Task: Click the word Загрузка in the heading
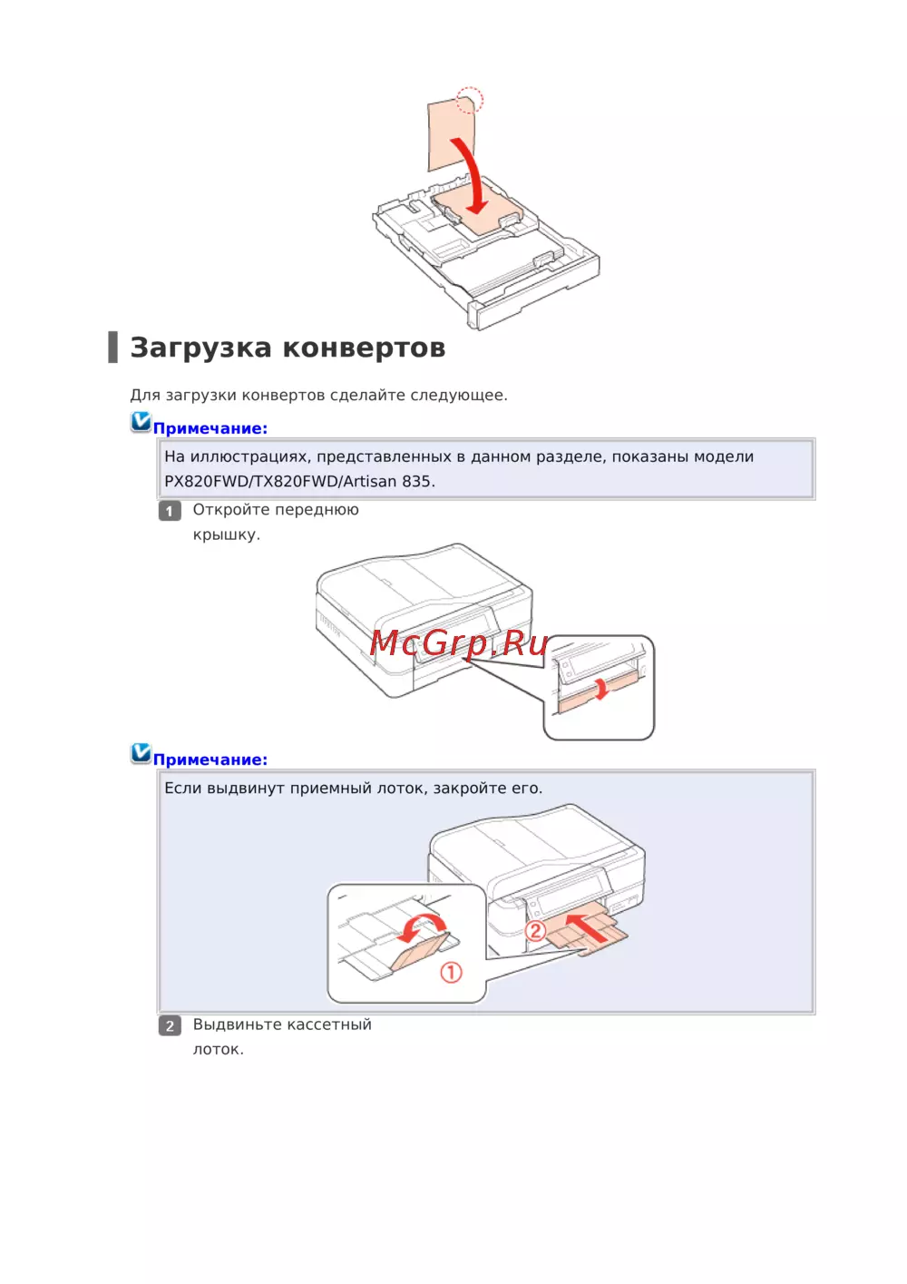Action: tap(200, 348)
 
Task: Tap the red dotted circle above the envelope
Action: tap(470, 100)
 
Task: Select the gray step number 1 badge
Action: tap(170, 511)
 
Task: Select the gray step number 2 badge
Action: tap(170, 1025)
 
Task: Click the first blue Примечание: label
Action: tap(210, 428)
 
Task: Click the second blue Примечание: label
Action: tap(210, 760)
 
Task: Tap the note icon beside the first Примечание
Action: tap(141, 422)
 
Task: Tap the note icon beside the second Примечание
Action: tap(141, 753)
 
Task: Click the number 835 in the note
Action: tap(418, 482)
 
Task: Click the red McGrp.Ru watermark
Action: tap(458, 642)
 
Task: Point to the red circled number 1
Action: tap(451, 973)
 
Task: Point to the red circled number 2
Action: tap(535, 930)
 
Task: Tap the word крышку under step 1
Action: tap(227, 534)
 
